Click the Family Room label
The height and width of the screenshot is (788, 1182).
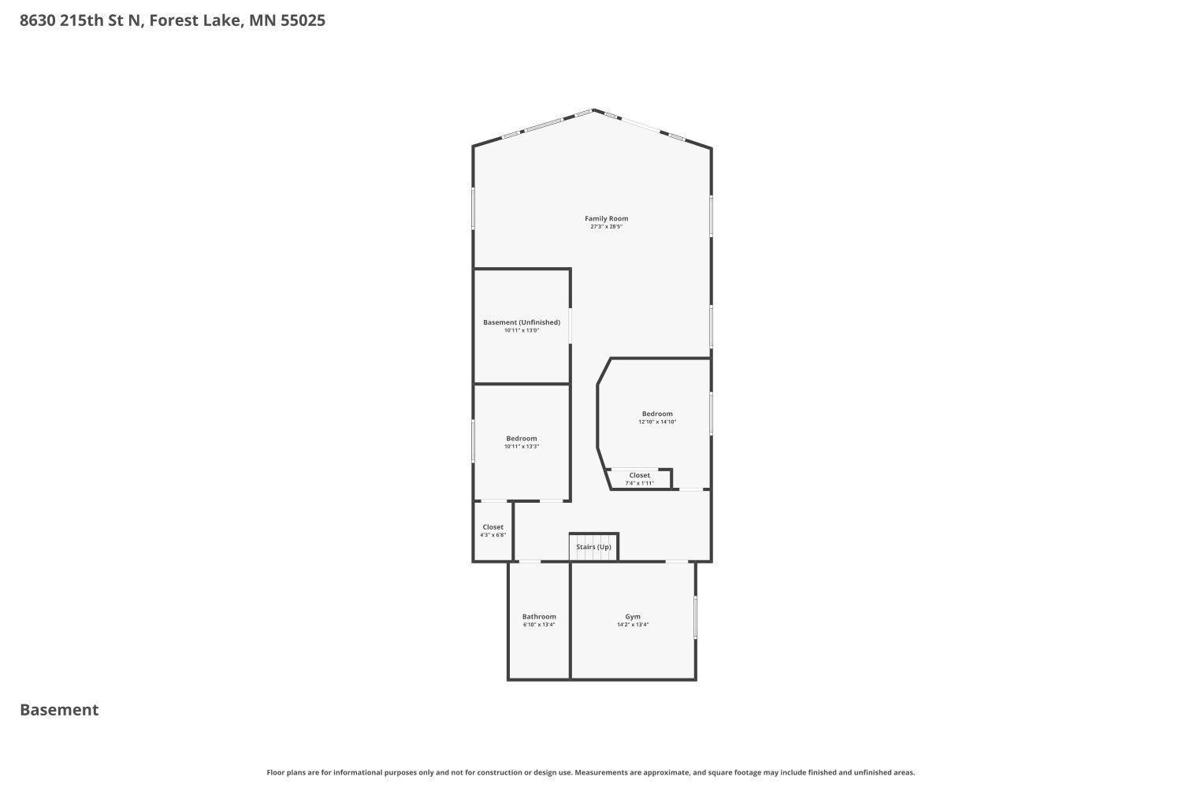606,218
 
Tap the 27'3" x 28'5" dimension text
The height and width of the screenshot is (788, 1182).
606,227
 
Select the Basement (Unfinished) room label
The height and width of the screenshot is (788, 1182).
522,322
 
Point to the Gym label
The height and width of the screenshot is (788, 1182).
633,617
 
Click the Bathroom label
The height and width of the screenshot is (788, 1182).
539,617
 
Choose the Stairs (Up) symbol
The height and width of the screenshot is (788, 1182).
593,548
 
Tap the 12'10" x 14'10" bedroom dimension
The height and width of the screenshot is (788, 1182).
657,422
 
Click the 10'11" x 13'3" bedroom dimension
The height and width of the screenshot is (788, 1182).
522,447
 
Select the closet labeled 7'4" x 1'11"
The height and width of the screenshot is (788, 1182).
640,479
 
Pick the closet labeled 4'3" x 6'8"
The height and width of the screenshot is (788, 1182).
493,531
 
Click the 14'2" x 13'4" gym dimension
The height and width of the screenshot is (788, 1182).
633,625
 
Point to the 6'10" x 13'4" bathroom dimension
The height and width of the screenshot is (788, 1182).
539,625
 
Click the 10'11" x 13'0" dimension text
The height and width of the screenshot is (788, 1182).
522,331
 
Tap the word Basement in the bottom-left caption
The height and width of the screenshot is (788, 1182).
59,710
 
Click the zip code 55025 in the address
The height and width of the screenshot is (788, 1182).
303,20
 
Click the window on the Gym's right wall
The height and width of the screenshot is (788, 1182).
695,617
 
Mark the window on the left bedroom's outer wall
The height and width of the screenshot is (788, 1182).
473,440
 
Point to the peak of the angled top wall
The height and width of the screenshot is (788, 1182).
593,110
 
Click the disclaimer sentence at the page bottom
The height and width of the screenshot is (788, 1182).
591,773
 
